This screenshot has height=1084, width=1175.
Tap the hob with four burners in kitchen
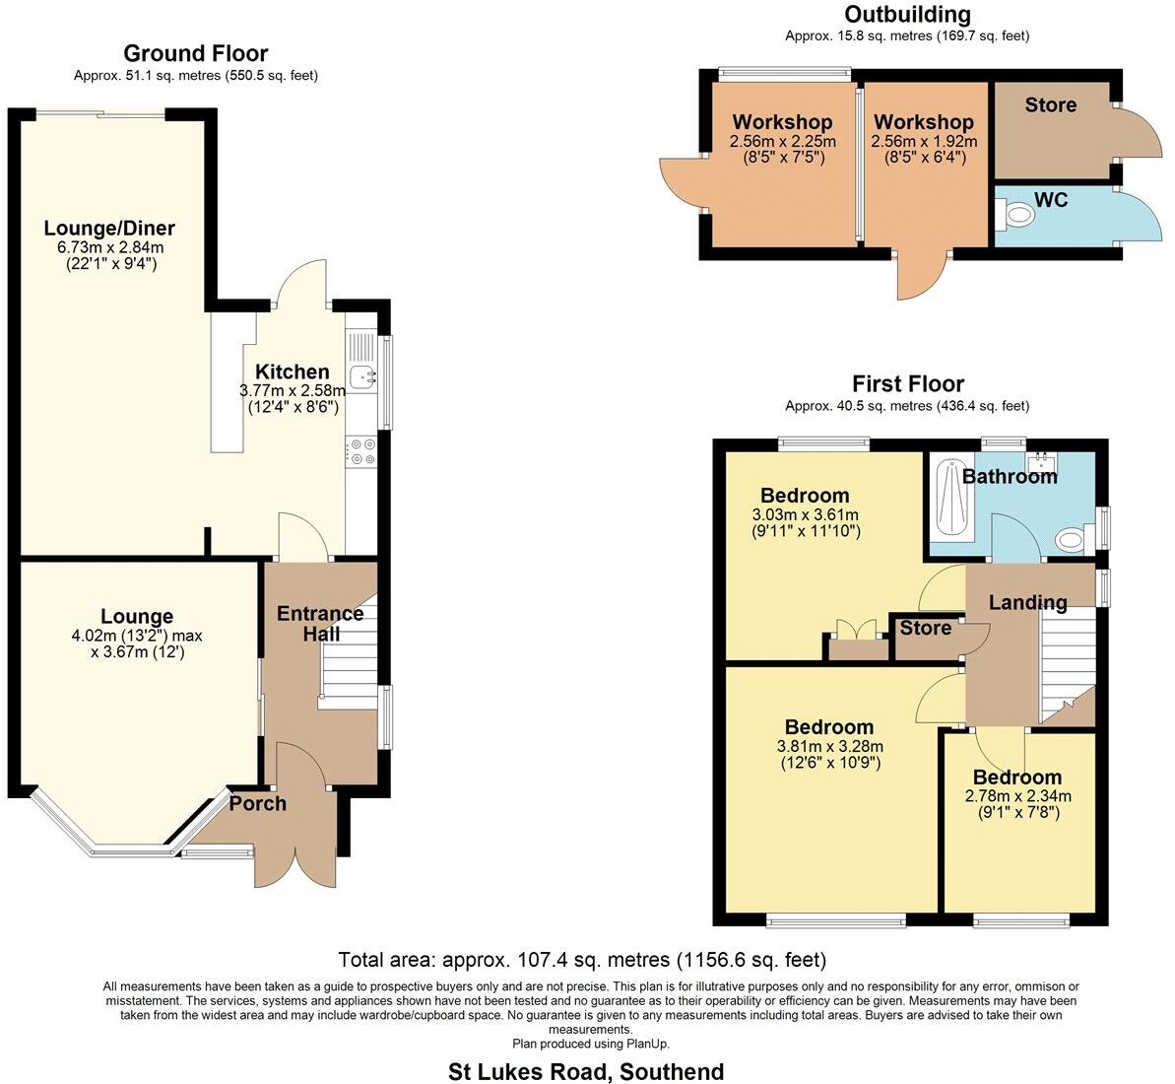point(361,451)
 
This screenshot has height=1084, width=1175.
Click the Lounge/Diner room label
point(109,229)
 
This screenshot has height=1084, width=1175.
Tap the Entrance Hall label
point(319,623)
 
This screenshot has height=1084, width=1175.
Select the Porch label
point(258,804)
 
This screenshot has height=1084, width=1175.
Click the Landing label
point(1027,602)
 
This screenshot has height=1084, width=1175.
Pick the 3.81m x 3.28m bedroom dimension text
point(829,746)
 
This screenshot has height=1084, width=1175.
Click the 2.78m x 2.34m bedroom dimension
point(1017,796)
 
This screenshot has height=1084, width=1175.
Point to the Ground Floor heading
point(195,53)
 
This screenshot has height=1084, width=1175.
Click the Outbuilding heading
point(907,14)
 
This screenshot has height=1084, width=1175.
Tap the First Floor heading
point(907,383)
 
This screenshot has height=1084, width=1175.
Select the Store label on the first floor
point(926,628)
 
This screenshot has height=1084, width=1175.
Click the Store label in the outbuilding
point(1050,105)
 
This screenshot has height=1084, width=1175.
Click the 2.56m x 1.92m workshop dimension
point(923,142)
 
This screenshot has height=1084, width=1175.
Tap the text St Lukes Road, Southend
point(586,1071)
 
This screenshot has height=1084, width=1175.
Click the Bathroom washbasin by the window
point(1040,460)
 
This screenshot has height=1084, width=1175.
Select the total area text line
point(581,960)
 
